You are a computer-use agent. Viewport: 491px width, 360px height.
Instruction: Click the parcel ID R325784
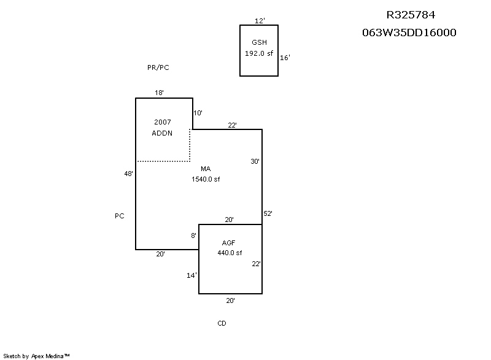point(411,15)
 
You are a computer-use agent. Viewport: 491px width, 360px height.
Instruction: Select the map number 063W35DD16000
point(409,33)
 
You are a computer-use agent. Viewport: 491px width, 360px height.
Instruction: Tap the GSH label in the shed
point(259,42)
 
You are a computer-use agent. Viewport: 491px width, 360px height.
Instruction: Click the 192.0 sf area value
point(259,53)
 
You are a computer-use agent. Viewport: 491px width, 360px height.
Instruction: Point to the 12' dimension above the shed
point(260,21)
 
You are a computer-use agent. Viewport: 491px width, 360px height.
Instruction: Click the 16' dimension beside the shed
point(285,58)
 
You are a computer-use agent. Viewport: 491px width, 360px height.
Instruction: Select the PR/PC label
point(158,67)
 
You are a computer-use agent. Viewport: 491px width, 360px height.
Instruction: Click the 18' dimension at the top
point(159,93)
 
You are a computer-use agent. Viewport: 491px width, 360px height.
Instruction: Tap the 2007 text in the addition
point(163,122)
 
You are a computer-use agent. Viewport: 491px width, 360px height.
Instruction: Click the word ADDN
point(163,133)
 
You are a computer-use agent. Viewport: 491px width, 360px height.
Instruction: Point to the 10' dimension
point(198,113)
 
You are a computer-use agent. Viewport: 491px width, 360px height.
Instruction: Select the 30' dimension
point(255,161)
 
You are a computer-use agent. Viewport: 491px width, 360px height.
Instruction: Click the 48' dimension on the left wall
point(129,174)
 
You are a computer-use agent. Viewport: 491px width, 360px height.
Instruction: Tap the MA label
point(206,169)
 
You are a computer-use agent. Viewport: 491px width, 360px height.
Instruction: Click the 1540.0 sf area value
point(206,180)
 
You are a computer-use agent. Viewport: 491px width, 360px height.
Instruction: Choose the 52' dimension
point(268,213)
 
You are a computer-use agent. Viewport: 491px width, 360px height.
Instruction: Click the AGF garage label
point(229,243)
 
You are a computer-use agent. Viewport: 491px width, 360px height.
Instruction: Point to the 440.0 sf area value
point(230,253)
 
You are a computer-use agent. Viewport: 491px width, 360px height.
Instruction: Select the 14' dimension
point(191,275)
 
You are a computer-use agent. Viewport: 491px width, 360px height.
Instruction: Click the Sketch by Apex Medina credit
point(37,356)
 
